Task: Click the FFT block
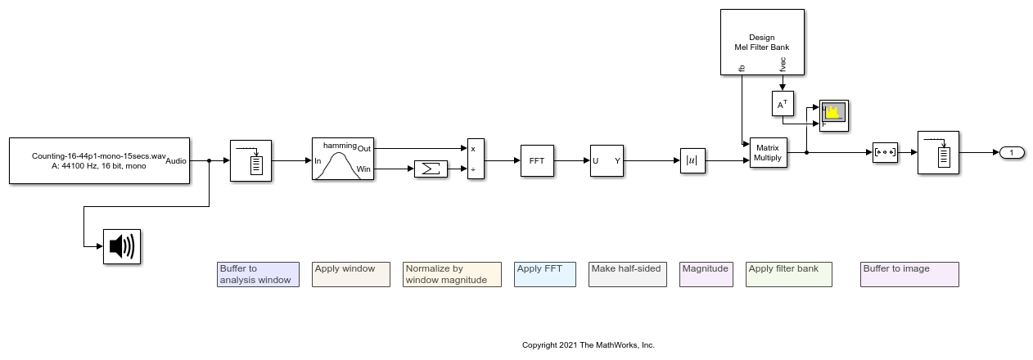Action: point(537,160)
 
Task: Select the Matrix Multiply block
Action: point(768,153)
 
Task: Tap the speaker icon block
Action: point(122,247)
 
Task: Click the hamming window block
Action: point(342,160)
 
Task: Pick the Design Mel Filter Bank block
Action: point(761,43)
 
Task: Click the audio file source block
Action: point(99,160)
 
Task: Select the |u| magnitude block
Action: point(692,160)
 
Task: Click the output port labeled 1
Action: point(1012,153)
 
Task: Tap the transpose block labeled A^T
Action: point(783,103)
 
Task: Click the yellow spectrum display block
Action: point(834,115)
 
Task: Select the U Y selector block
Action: point(607,160)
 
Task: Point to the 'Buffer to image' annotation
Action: point(909,274)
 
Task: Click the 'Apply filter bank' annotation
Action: point(789,274)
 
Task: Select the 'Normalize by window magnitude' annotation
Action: point(452,274)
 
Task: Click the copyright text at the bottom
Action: point(588,345)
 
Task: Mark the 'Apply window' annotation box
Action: point(350,274)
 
